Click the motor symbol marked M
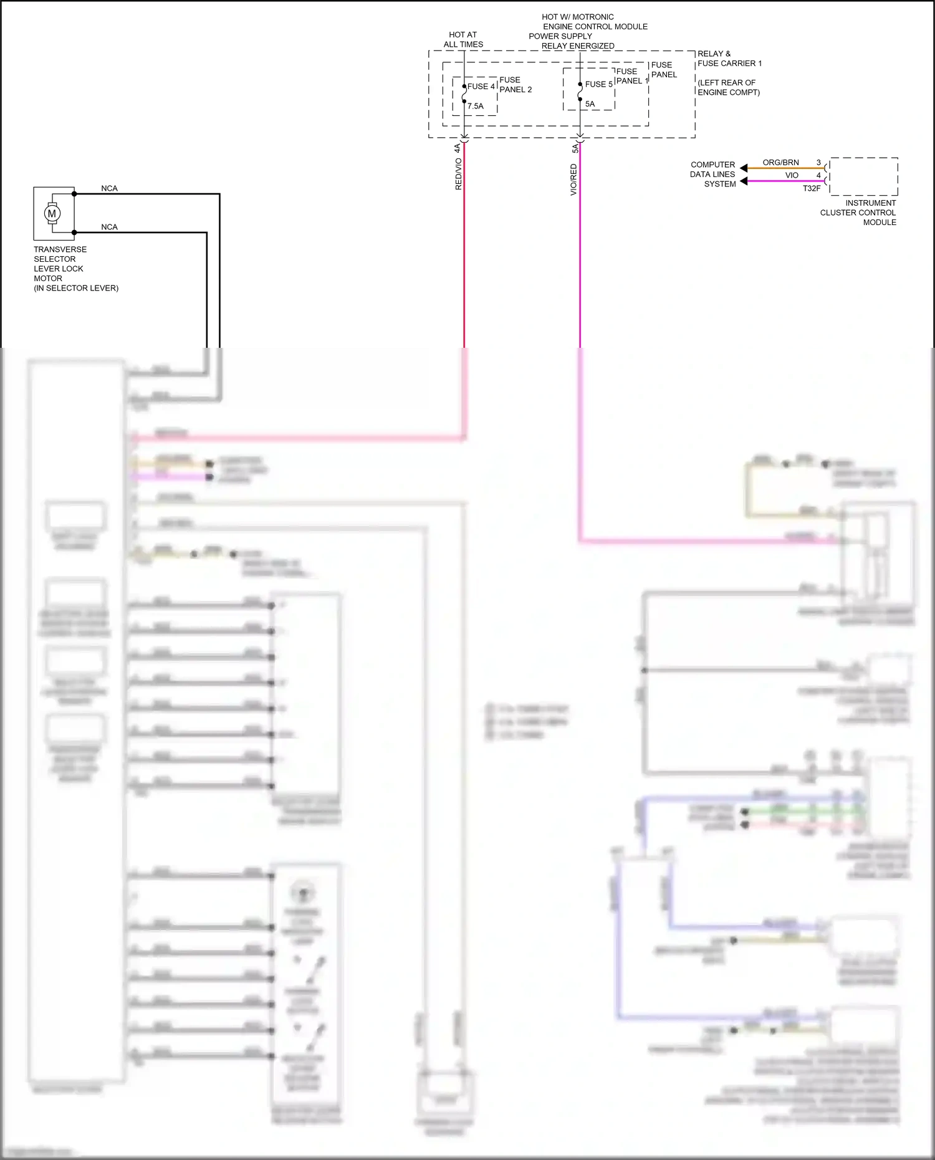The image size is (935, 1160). tap(52, 213)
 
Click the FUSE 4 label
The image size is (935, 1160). tap(481, 87)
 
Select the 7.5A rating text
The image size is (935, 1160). tap(476, 107)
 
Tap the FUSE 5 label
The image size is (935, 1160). tap(598, 84)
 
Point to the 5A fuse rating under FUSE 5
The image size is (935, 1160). tap(590, 104)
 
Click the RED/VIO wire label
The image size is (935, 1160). tap(459, 174)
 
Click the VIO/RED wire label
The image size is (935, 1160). tap(573, 180)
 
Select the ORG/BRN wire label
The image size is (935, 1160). tap(780, 163)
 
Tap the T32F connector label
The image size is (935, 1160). tap(811, 188)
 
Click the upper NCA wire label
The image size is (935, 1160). tap(109, 188)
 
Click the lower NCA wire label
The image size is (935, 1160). tap(109, 227)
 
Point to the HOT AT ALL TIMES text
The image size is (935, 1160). tap(463, 39)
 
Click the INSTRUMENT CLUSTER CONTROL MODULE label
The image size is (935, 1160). tap(858, 213)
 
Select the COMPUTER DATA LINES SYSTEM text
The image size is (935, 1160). tap(712, 175)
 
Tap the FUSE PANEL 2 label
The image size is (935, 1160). tap(515, 85)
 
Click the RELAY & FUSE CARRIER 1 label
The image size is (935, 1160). tap(729, 59)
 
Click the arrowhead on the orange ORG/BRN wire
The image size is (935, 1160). tap(743, 168)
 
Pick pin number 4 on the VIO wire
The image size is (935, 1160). tap(818, 176)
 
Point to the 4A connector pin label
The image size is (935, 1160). tap(458, 148)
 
